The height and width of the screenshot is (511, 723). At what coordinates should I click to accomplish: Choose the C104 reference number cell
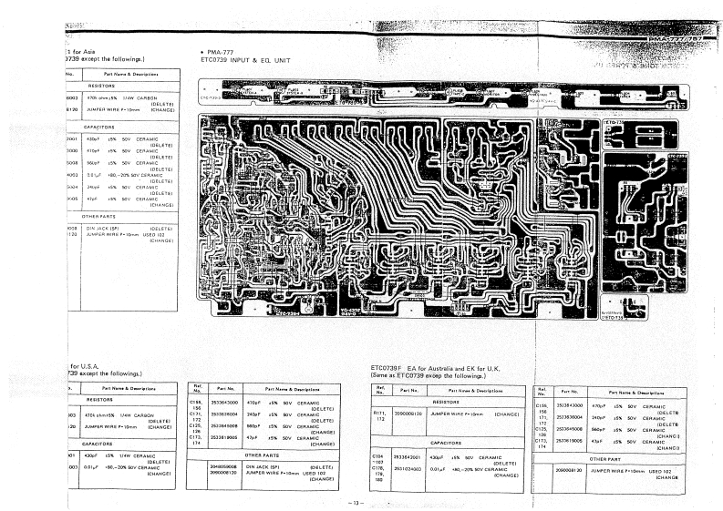click(378, 455)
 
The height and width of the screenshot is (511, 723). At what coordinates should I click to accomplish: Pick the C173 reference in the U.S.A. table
click(195, 437)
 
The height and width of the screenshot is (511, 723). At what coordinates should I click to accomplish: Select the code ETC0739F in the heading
click(390, 367)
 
